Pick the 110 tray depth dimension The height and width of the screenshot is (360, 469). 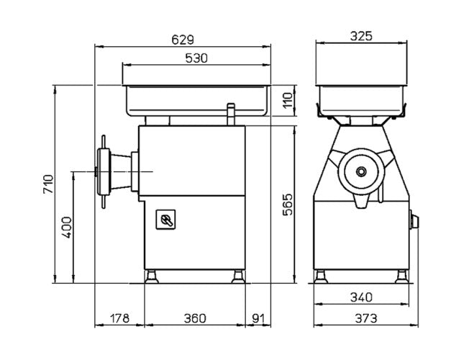286,100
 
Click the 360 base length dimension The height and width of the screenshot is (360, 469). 195,317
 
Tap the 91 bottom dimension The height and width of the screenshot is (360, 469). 259,317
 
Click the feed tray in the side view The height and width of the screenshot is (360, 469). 196,100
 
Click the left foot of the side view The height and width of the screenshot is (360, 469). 152,275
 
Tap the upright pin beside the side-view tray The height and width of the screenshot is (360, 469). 231,114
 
